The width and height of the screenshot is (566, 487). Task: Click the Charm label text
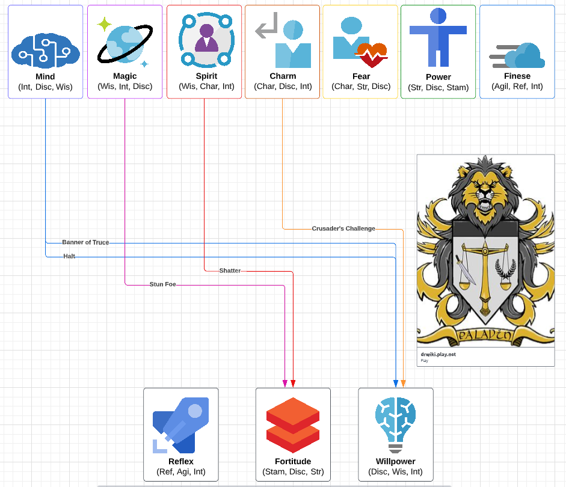pyautogui.click(x=283, y=76)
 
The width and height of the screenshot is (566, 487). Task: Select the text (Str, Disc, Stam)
pyautogui.click(x=438, y=87)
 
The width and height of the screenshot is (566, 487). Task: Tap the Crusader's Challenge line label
pyautogui.click(x=343, y=228)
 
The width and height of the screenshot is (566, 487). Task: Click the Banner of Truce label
pyautogui.click(x=85, y=242)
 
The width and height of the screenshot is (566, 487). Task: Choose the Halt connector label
pyautogui.click(x=70, y=256)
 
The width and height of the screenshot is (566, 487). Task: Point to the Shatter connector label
pyautogui.click(x=230, y=271)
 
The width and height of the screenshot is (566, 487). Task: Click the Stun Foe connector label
pyautogui.click(x=162, y=284)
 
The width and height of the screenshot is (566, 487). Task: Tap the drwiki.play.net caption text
pyautogui.click(x=438, y=354)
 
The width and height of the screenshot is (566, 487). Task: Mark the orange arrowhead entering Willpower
pyautogui.click(x=403, y=384)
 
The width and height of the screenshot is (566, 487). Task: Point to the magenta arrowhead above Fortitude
pyautogui.click(x=285, y=384)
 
